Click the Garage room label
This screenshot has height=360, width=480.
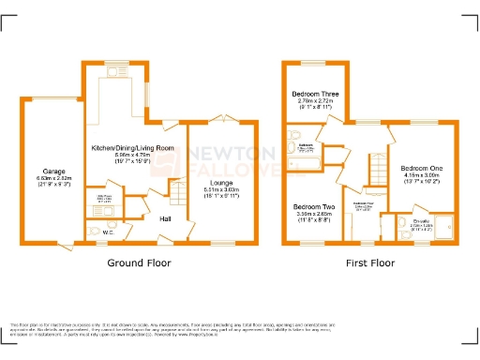pyautogui.click(x=53, y=172)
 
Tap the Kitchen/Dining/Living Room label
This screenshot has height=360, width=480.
pyautogui.click(x=132, y=148)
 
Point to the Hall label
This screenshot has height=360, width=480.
pyautogui.click(x=164, y=218)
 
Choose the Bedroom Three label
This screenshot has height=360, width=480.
pyautogui.click(x=316, y=95)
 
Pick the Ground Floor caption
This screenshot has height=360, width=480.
pyautogui.click(x=139, y=263)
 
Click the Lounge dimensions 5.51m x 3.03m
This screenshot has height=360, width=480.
pyautogui.click(x=221, y=191)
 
